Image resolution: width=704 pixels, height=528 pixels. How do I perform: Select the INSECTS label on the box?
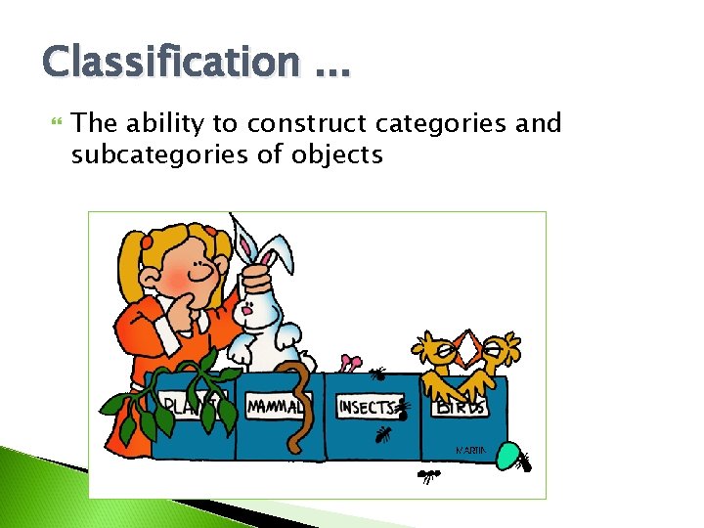(x=368, y=406)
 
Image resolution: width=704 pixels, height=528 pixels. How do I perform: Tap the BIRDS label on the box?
(x=461, y=406)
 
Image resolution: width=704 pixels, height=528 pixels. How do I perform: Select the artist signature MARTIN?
(x=471, y=450)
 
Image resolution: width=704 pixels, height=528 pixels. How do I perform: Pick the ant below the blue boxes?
(x=428, y=476)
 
